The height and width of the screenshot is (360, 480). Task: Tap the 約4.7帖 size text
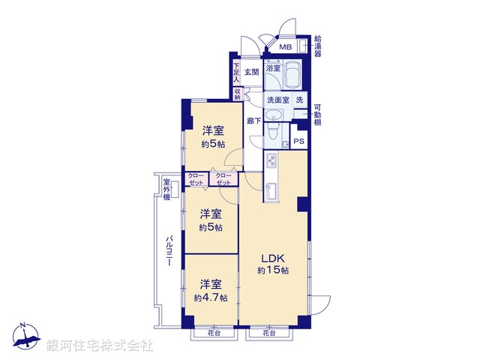(210, 297)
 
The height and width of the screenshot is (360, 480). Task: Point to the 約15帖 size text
(273, 270)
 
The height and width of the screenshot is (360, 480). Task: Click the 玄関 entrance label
(251, 72)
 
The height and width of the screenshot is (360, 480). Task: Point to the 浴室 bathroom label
(273, 67)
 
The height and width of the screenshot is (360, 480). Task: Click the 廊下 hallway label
(253, 121)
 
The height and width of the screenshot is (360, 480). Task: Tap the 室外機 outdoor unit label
(167, 189)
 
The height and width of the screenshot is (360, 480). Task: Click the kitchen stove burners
(271, 160)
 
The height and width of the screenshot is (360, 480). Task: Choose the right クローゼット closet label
(223, 179)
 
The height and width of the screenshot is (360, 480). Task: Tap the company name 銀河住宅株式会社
(100, 346)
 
